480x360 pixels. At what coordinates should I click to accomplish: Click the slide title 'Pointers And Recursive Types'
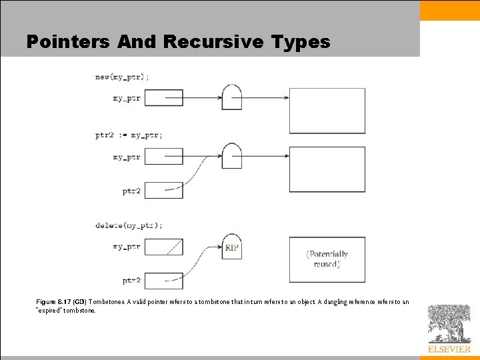178,42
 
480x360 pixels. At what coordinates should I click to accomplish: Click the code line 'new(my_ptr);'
122,77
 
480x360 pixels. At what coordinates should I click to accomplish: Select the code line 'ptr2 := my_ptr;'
128,135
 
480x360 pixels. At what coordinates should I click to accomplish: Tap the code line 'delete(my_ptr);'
128,225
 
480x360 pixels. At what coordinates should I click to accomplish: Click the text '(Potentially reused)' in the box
327,259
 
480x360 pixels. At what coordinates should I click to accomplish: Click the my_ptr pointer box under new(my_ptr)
163,98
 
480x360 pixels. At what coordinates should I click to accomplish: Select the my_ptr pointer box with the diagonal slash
163,247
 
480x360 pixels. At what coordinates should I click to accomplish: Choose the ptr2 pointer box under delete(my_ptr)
163,281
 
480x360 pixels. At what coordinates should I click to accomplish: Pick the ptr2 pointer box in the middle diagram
163,190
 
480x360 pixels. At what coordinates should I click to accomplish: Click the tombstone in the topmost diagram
231,97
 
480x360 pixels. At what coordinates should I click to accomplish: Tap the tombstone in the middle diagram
231,157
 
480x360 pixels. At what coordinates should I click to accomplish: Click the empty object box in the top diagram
327,111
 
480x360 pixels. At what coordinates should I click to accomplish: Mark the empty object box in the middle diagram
327,169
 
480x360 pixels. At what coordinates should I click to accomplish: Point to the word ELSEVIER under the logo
449,349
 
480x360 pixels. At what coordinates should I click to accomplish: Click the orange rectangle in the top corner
450,10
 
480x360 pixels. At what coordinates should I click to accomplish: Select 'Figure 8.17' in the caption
51,302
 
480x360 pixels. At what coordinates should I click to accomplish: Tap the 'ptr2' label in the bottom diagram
131,281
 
